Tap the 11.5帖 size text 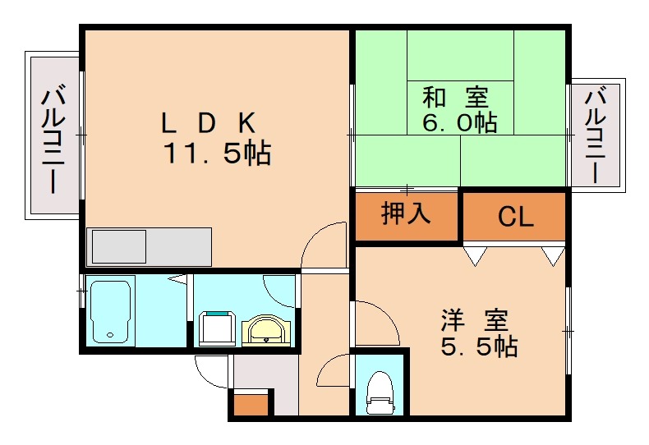pyautogui.click(x=217, y=153)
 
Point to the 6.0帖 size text pyautogui.click(x=458, y=123)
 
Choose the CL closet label pyautogui.click(x=516, y=218)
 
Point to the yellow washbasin pyautogui.click(x=265, y=331)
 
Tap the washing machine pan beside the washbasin pyautogui.click(x=218, y=328)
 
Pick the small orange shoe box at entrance pyautogui.click(x=251, y=405)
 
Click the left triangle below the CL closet pyautogui.click(x=474, y=255)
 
